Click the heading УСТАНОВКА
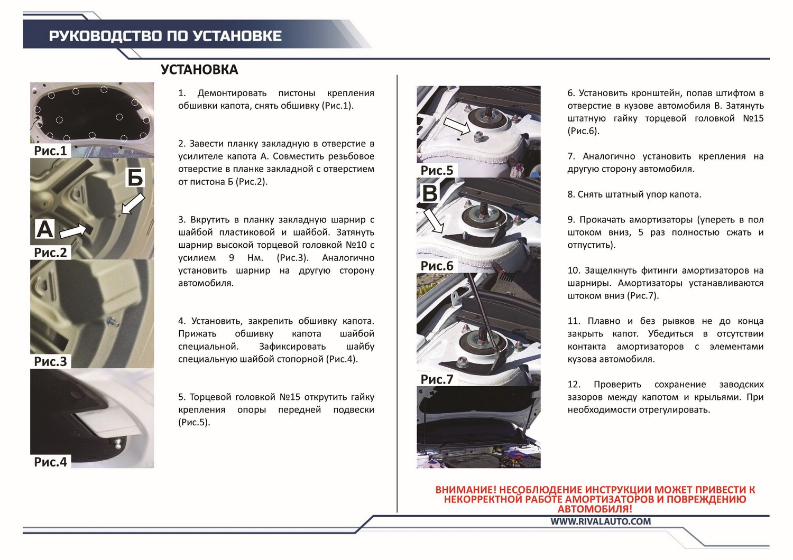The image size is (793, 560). click(199, 70)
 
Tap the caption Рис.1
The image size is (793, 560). click(50, 151)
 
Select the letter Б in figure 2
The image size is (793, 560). click(135, 177)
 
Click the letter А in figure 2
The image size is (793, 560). click(44, 229)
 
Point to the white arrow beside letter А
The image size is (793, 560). click(73, 231)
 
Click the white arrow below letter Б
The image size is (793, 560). click(133, 204)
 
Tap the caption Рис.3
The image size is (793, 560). click(50, 361)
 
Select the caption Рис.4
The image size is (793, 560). click(50, 462)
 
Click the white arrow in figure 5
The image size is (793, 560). click(457, 126)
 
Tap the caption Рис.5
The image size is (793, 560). click(437, 171)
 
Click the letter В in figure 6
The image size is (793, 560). click(430, 193)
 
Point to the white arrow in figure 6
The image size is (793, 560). click(434, 220)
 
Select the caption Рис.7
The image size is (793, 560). click(437, 379)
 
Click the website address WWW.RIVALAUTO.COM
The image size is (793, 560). click(601, 521)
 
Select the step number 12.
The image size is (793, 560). click(574, 385)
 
